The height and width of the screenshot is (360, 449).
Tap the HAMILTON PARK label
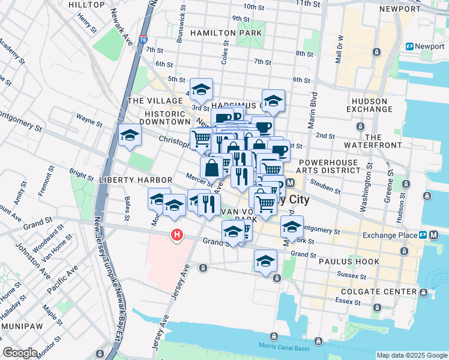pyautogui.click(x=220, y=33)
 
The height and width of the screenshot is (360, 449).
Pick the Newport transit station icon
pyautogui.click(x=410, y=46)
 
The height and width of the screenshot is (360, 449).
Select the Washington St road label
pyautogui.click(x=364, y=193)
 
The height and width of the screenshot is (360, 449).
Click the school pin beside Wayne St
pyautogui.click(x=129, y=136)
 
